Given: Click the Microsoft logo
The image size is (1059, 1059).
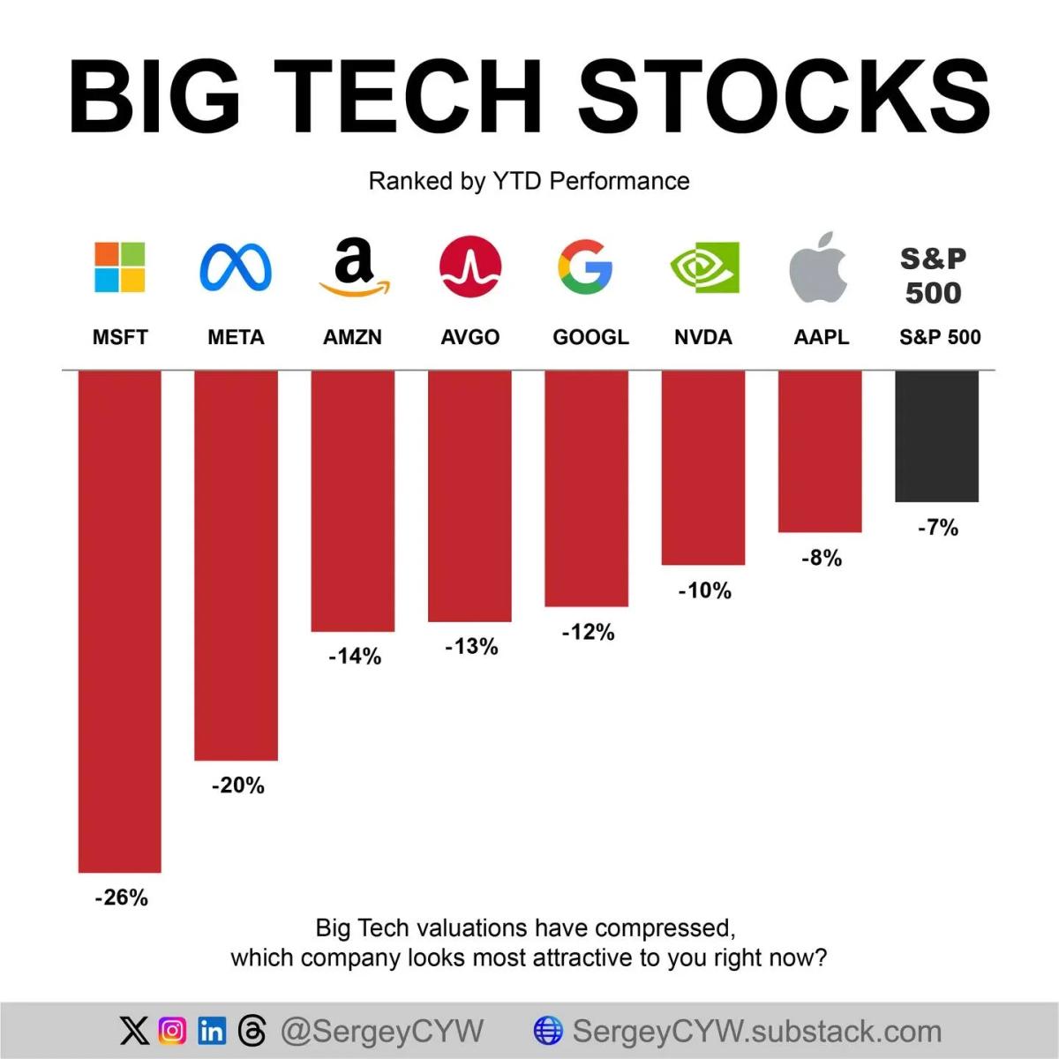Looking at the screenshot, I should pos(120,267).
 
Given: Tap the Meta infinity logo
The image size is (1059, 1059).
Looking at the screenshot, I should pos(236,267).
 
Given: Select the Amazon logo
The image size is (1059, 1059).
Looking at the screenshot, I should pos(353,267).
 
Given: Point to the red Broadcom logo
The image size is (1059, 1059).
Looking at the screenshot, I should pos(470,267).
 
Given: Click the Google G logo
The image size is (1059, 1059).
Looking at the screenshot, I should pos(585,267).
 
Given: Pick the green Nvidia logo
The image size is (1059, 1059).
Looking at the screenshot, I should pos(704,267).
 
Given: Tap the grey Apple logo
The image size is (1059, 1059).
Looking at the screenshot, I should pos(819,267).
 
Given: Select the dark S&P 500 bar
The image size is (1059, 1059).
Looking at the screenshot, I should pos(936,436).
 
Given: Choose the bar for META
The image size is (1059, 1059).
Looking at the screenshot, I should pos(236,565).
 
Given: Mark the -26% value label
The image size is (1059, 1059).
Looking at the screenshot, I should pos(121,898).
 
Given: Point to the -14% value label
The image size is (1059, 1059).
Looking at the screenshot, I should pos(355,656).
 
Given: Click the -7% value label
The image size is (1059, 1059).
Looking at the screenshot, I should pos(937,528).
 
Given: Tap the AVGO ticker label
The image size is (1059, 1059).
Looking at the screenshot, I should pos(470,337).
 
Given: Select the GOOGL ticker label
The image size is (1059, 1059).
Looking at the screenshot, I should pos(590,337).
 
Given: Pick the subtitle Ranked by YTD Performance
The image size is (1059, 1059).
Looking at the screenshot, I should pos(529,181).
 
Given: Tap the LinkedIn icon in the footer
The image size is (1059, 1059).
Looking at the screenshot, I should pos(212,1030).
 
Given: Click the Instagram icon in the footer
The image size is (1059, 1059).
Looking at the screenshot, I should pos(173,1030).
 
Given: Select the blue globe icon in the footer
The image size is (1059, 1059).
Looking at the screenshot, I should pos(548,1030).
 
